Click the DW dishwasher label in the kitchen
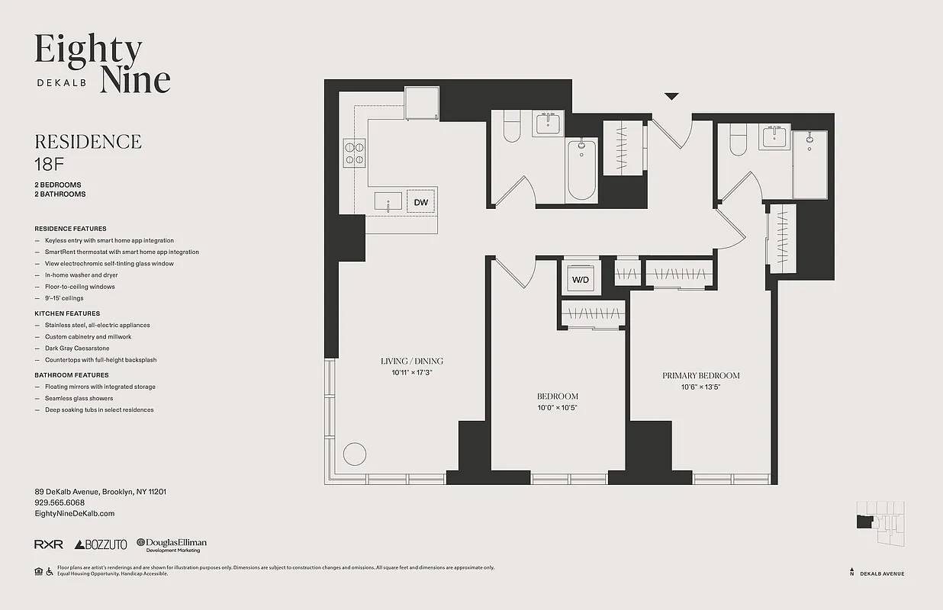point(420,202)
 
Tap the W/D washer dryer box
point(581,280)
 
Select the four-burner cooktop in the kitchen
point(355,152)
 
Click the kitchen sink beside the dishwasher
point(388,201)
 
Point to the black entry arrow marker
point(671,96)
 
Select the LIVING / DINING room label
point(412,361)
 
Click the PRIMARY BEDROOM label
point(700,375)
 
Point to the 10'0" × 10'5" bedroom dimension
point(557,408)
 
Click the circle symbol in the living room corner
point(355,454)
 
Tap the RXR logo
point(49,544)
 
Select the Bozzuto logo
point(101,544)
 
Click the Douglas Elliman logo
point(172,544)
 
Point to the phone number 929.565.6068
point(60,503)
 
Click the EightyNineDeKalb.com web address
point(75,514)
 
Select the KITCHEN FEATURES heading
point(67,313)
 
